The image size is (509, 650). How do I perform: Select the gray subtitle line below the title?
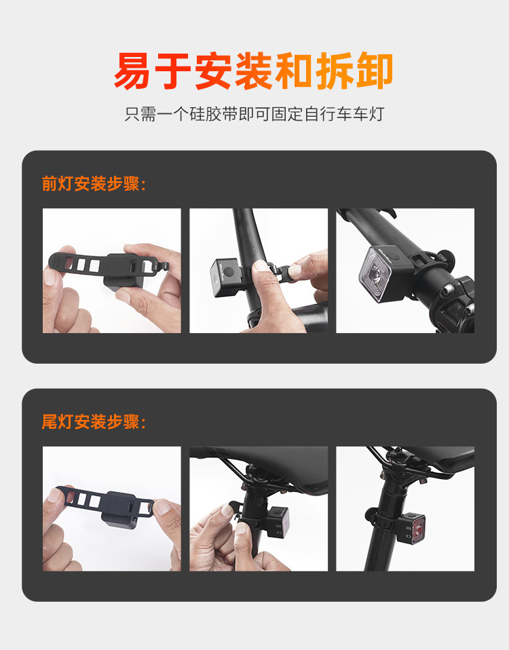click(x=254, y=113)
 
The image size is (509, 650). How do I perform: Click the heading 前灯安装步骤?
click(x=94, y=184)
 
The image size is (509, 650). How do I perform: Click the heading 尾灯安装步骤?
click(x=94, y=422)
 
